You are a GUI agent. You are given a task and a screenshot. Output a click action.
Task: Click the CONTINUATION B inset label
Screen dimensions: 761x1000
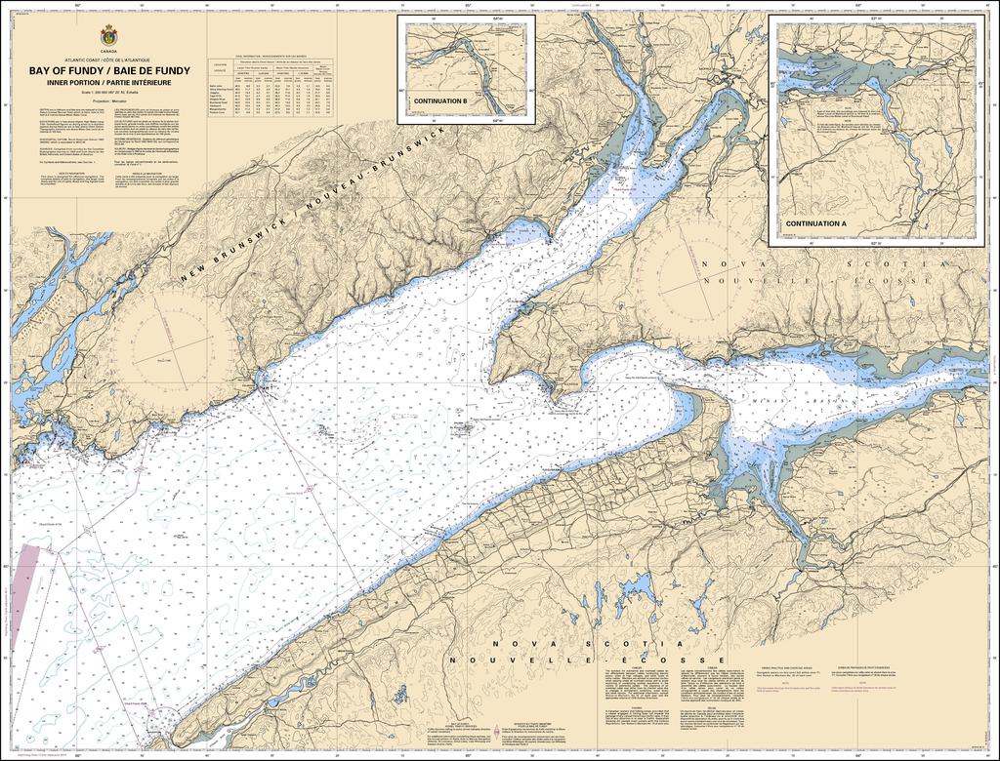[440, 101]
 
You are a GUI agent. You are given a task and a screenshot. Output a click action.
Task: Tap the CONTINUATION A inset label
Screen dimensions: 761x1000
[815, 223]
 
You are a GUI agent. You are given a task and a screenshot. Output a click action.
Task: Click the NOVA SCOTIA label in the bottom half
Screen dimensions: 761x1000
[584, 646]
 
